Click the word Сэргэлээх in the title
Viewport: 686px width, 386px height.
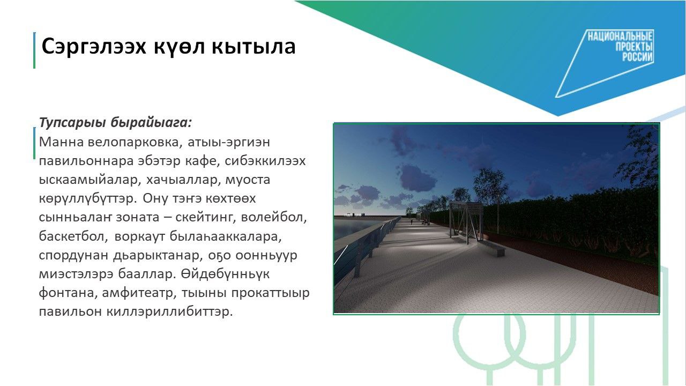coord(94,47)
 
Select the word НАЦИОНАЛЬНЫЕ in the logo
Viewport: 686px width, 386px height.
coord(620,37)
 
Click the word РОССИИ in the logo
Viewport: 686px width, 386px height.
coord(637,57)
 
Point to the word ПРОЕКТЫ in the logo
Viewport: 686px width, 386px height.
coord(634,47)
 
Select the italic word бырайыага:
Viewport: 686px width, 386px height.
coord(151,123)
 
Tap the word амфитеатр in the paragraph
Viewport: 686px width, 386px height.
coord(140,293)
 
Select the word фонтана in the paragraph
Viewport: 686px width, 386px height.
coord(68,293)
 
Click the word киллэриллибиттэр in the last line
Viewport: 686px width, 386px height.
coord(170,312)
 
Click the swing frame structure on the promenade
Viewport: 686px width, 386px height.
coord(466,222)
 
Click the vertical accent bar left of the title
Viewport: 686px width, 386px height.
coord(34,50)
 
